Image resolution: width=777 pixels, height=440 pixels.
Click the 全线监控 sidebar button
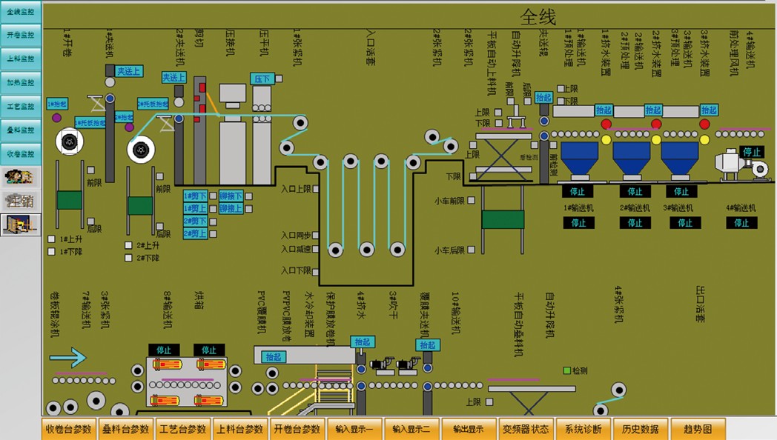[x=20, y=11]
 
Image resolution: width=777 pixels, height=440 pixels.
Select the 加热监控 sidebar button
[x=20, y=82]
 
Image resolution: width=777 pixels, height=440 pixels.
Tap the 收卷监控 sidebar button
[x=20, y=153]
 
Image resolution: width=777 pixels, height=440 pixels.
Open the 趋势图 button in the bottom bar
[x=698, y=429]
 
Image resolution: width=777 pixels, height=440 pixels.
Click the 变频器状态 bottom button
[x=526, y=429]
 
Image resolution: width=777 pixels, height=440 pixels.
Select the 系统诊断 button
[x=583, y=429]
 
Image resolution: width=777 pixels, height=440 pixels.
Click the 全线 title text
[x=538, y=17]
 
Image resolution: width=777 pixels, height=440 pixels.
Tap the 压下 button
[x=262, y=79]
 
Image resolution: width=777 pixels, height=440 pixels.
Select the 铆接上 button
[x=231, y=209]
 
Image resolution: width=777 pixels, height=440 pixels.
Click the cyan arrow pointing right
[x=68, y=359]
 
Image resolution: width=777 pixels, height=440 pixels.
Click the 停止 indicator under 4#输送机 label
[x=741, y=222]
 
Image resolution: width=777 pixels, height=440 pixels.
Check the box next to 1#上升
[x=52, y=239]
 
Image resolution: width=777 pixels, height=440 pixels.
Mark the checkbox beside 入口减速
[x=317, y=250]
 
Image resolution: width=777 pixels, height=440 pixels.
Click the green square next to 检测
[x=567, y=370]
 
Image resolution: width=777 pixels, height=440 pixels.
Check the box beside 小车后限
[x=472, y=250]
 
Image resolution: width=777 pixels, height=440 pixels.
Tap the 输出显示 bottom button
[x=468, y=429]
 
